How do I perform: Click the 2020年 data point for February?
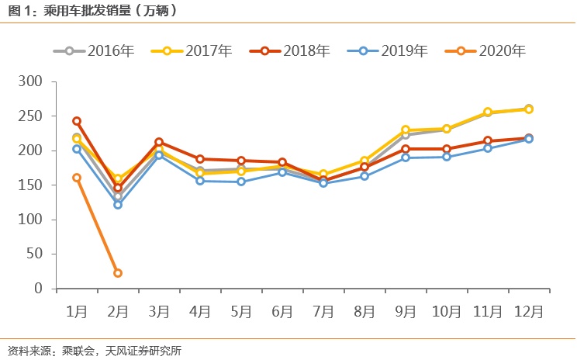(x=118, y=273)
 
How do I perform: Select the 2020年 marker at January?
(x=77, y=178)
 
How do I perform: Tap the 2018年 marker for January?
(x=77, y=121)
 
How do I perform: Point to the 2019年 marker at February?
(x=118, y=205)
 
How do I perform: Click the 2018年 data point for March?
(x=159, y=142)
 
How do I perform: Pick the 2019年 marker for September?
(x=406, y=157)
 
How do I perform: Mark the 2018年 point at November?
(x=488, y=140)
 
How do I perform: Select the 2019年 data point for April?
(x=200, y=181)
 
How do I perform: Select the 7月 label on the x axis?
(x=323, y=311)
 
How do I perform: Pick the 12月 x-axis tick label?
(x=529, y=311)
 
